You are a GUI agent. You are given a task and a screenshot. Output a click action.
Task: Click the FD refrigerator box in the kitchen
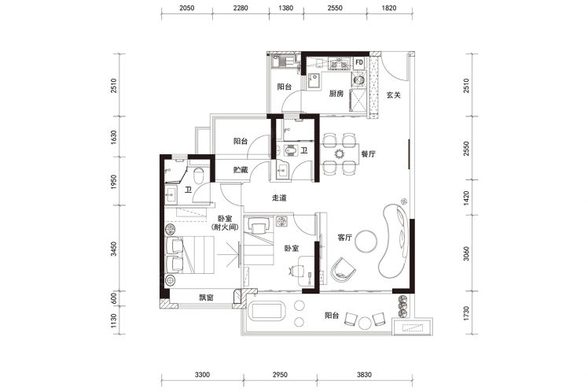tap(359, 62)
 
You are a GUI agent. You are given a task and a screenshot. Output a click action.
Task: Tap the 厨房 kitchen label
tap(336, 94)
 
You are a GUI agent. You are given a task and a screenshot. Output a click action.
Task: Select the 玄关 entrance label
tap(393, 95)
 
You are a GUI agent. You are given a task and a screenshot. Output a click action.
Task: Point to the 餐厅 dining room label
tap(368, 154)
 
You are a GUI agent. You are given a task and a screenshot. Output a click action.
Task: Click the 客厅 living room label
tap(344, 237)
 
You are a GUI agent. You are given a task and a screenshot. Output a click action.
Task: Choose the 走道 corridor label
tap(279, 198)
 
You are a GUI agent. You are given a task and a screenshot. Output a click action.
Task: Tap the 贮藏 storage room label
tap(241, 170)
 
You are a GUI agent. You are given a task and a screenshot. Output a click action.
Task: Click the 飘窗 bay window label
tap(206, 298)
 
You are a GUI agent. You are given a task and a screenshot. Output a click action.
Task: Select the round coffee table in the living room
tap(366, 241)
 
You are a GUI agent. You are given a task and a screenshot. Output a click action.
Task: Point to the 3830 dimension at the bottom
tap(364, 375)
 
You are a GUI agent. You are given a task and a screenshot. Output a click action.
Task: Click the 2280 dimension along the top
tap(240, 8)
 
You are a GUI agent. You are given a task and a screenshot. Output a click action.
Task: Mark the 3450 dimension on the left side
tap(114, 249)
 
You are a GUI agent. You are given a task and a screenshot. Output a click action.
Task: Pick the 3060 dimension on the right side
tap(466, 253)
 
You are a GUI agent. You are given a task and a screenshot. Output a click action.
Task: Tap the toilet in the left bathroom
tap(198, 174)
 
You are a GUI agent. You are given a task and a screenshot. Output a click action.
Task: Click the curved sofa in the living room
tap(395, 240)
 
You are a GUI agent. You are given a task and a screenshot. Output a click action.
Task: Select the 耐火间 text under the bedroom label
tap(225, 227)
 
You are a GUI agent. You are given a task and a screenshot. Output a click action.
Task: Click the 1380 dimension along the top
tap(286, 8)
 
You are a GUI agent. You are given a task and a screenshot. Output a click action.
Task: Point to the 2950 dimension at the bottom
tap(280, 375)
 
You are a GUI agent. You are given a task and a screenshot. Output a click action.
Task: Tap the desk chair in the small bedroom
tap(296, 270)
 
